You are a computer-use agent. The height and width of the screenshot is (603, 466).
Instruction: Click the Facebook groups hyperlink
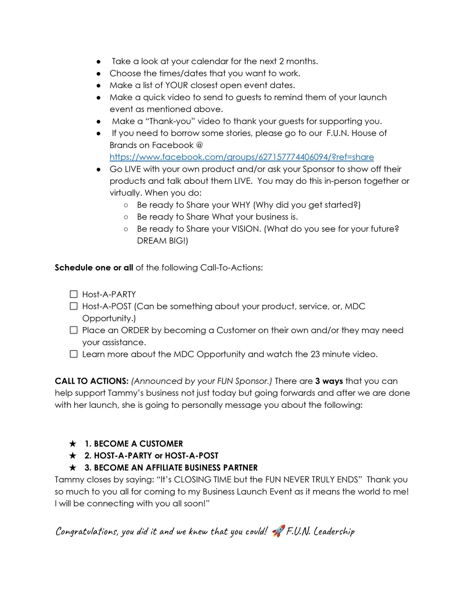242,157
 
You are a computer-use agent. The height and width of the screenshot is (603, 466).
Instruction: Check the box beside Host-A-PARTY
74,294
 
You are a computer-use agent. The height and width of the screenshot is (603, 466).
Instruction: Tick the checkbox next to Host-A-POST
74,307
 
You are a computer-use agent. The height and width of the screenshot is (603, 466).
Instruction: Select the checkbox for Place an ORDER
74,330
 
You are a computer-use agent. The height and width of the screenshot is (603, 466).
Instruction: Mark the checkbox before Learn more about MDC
74,354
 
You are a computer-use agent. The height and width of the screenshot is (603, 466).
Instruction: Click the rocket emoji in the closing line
278,531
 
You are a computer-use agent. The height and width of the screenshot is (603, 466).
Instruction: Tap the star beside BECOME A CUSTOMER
73,443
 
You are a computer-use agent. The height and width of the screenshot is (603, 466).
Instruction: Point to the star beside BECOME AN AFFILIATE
73,467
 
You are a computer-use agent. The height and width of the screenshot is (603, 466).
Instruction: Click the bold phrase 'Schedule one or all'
94,268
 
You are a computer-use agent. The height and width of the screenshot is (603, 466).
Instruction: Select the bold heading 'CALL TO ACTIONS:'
91,381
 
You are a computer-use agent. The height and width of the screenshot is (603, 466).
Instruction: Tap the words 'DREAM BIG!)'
162,241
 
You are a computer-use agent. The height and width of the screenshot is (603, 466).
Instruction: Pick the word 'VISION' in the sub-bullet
246,229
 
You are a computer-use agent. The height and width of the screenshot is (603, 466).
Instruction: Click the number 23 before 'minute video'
315,354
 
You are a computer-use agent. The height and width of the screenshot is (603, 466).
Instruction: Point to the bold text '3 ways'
329,381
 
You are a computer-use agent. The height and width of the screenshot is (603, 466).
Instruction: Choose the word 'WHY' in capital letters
241,205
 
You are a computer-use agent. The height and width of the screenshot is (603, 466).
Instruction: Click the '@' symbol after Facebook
199,145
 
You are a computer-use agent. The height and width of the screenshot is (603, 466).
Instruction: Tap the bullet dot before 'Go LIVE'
99,170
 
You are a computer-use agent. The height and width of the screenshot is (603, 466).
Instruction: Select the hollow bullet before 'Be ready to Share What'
126,217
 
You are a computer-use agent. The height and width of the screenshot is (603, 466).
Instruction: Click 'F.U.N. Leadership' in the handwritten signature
320,531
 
